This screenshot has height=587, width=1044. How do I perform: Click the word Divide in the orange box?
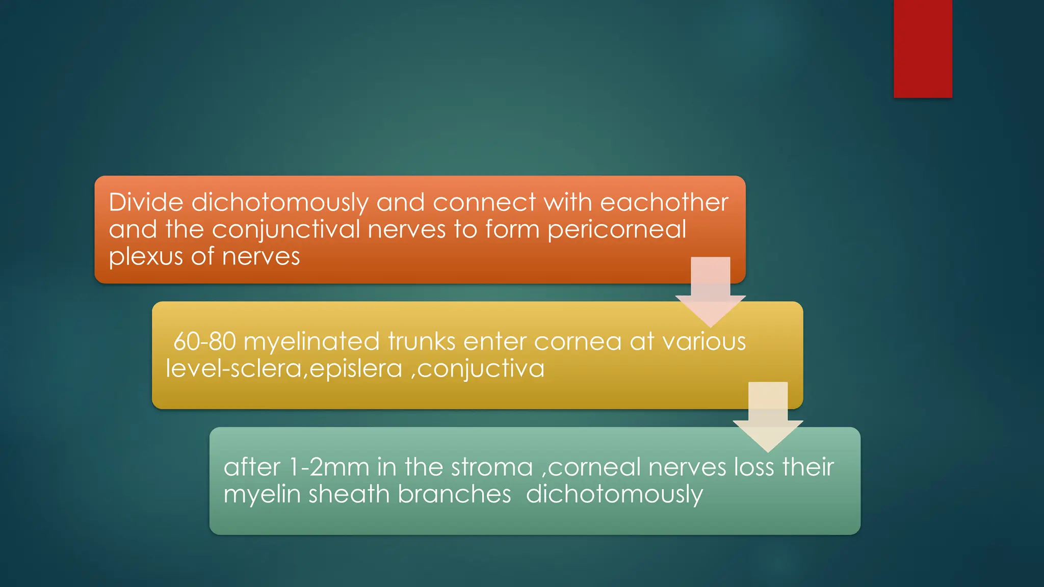click(146, 202)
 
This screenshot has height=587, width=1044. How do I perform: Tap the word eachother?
click(664, 202)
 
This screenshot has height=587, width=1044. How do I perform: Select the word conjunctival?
click(286, 230)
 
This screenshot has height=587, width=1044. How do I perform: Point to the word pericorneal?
click(617, 230)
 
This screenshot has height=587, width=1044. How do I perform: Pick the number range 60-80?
click(204, 341)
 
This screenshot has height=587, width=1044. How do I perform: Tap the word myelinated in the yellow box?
click(311, 341)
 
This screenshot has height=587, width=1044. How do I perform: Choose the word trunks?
click(422, 341)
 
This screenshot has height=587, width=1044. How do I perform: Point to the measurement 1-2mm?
click(329, 467)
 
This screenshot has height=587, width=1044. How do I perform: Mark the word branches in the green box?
click(454, 494)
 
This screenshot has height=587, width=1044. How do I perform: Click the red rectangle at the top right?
click(923, 48)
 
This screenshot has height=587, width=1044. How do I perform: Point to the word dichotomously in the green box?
click(614, 494)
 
